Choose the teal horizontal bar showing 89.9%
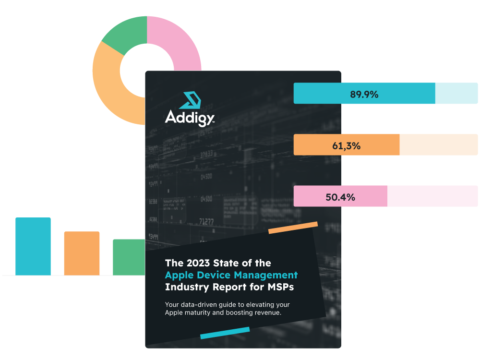(x=385, y=94)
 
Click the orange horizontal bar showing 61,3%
(x=385, y=145)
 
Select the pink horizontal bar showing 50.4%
(x=385, y=196)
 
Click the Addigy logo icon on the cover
(x=189, y=100)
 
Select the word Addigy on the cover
(x=189, y=117)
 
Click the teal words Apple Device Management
(x=231, y=275)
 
